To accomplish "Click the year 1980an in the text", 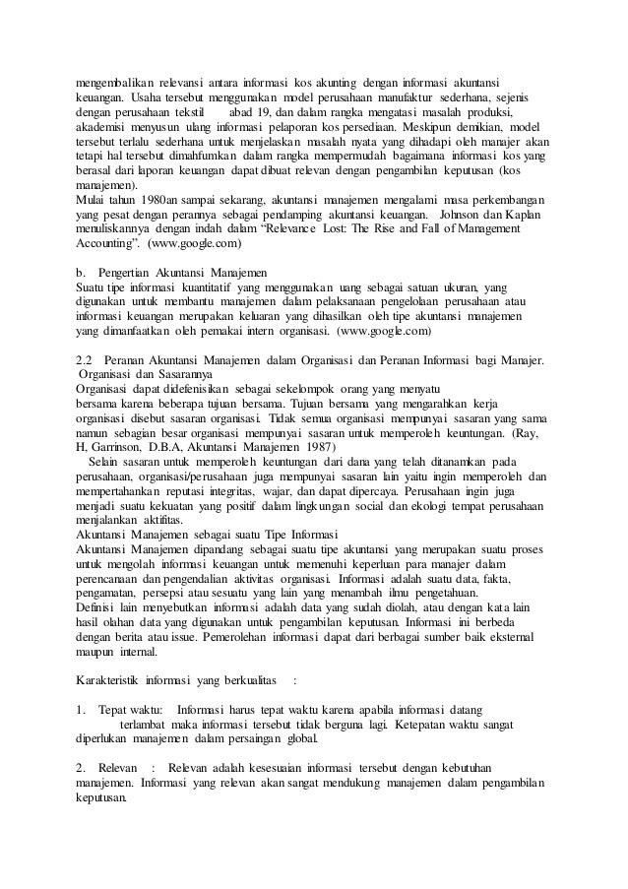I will (x=154, y=198).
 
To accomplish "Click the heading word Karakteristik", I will (x=107, y=679).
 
